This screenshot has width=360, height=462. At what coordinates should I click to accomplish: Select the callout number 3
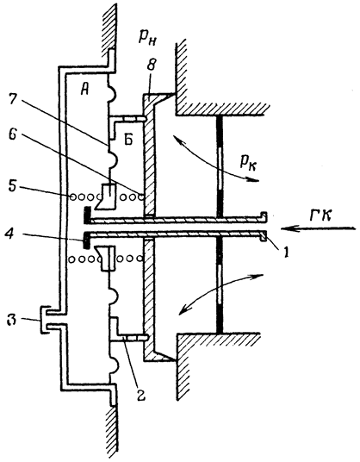tap(12, 321)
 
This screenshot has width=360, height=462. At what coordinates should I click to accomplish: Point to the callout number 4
tap(10, 235)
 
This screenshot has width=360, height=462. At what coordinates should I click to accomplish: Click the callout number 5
tap(13, 187)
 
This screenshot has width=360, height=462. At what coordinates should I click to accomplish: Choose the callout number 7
tap(14, 101)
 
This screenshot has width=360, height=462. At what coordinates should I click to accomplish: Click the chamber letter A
tap(84, 91)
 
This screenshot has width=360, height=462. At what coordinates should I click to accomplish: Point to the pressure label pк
tap(248, 162)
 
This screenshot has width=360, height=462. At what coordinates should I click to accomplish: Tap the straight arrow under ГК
tap(318, 228)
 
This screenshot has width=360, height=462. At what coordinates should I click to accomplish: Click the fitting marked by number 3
tap(44, 320)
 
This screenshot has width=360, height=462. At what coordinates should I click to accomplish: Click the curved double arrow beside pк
tap(215, 160)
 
